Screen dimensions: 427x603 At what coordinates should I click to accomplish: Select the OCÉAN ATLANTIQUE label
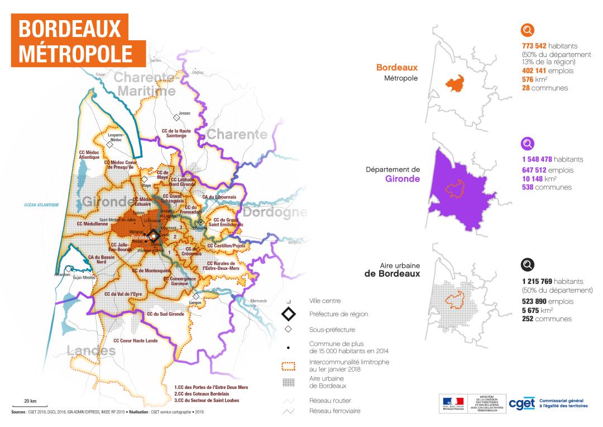(41, 205)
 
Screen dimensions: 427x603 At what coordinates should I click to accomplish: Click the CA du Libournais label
(219, 197)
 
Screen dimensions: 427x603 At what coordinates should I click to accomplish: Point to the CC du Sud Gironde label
(165, 314)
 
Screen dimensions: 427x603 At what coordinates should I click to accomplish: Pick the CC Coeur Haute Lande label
(135, 340)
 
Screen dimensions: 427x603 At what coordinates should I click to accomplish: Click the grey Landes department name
(91, 351)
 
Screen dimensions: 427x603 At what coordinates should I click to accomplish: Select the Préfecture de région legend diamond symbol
(289, 314)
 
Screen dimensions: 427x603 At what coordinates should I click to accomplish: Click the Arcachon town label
(62, 274)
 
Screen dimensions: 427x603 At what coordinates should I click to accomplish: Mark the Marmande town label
(259, 301)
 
